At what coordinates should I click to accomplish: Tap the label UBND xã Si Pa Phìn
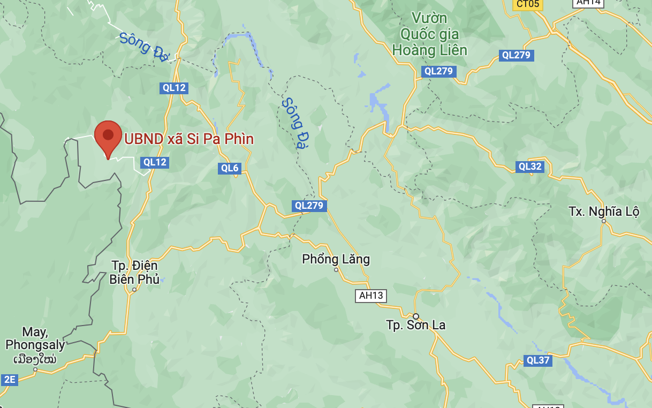point(189,139)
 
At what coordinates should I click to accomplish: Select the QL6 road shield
point(230,168)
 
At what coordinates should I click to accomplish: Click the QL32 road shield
point(530,167)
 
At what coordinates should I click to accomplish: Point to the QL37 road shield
point(538,360)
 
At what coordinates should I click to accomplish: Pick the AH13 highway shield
point(371,296)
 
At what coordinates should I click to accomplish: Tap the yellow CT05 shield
point(527,4)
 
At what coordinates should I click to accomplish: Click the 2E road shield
point(10,380)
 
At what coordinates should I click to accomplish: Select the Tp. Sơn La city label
point(416,325)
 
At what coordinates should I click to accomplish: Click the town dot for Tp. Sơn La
point(416,316)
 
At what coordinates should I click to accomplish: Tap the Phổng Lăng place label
point(336,260)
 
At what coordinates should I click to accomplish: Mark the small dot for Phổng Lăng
point(336,270)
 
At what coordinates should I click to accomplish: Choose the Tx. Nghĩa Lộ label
point(604,211)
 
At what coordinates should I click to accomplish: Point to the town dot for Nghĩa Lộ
point(603,221)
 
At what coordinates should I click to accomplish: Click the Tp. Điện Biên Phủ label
point(134,272)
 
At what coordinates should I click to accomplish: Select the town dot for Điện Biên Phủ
point(134,290)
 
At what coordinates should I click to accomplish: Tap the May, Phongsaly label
point(35,338)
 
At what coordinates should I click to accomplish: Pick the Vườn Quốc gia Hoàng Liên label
point(429,34)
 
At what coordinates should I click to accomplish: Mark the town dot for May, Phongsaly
point(35,369)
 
